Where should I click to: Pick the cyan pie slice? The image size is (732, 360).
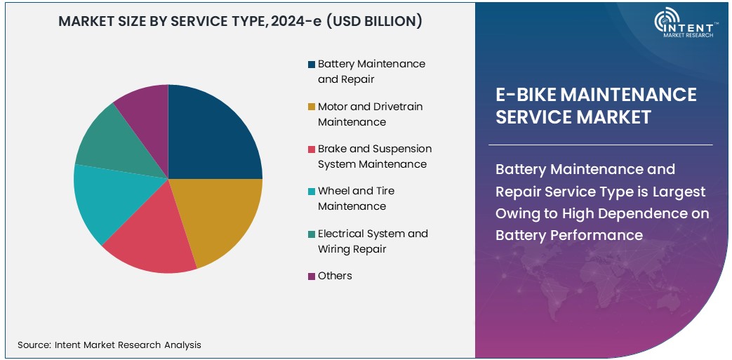[x=102, y=200]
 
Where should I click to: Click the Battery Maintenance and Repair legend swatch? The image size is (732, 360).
[x=311, y=65]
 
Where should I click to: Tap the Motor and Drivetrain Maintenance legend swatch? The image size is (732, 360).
[x=311, y=107]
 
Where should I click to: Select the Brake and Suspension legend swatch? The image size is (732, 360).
[x=311, y=149]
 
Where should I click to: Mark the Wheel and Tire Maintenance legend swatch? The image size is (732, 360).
[x=311, y=192]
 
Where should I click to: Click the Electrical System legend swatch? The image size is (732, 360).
[x=311, y=234]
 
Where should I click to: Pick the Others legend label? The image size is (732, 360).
[x=335, y=276]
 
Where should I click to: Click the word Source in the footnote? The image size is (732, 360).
[x=33, y=345]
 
